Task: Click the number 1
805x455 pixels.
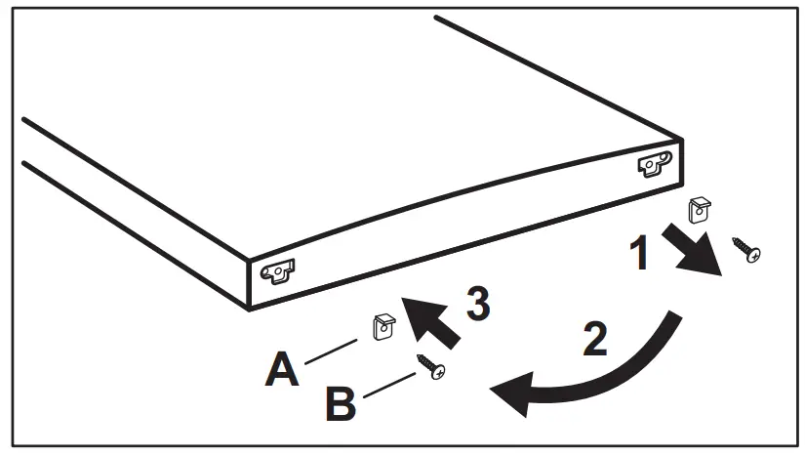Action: [638, 255]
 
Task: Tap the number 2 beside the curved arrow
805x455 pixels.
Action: [593, 339]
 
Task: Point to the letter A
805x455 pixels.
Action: [284, 371]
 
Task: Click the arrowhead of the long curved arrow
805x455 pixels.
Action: [512, 394]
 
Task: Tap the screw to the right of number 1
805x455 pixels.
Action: [747, 250]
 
